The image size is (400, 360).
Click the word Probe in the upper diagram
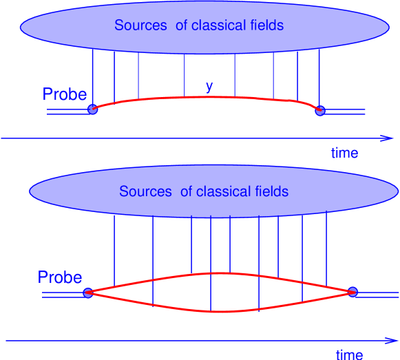click(x=65, y=94)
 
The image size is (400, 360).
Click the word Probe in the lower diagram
click(x=60, y=277)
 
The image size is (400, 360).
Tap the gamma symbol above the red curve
click(x=209, y=86)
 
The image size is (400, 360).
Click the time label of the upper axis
click(x=344, y=153)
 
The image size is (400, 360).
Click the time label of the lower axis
click(x=349, y=354)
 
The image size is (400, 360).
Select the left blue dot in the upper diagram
click(x=92, y=109)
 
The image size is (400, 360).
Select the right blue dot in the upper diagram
click(x=319, y=109)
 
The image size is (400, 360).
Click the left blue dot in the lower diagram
click(x=87, y=293)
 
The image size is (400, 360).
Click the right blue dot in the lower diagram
click(x=353, y=292)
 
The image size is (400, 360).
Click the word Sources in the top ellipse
click(x=140, y=25)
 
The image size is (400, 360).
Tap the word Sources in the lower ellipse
click(x=145, y=191)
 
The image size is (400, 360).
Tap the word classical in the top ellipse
click(x=216, y=25)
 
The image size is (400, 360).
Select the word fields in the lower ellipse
click(x=270, y=191)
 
